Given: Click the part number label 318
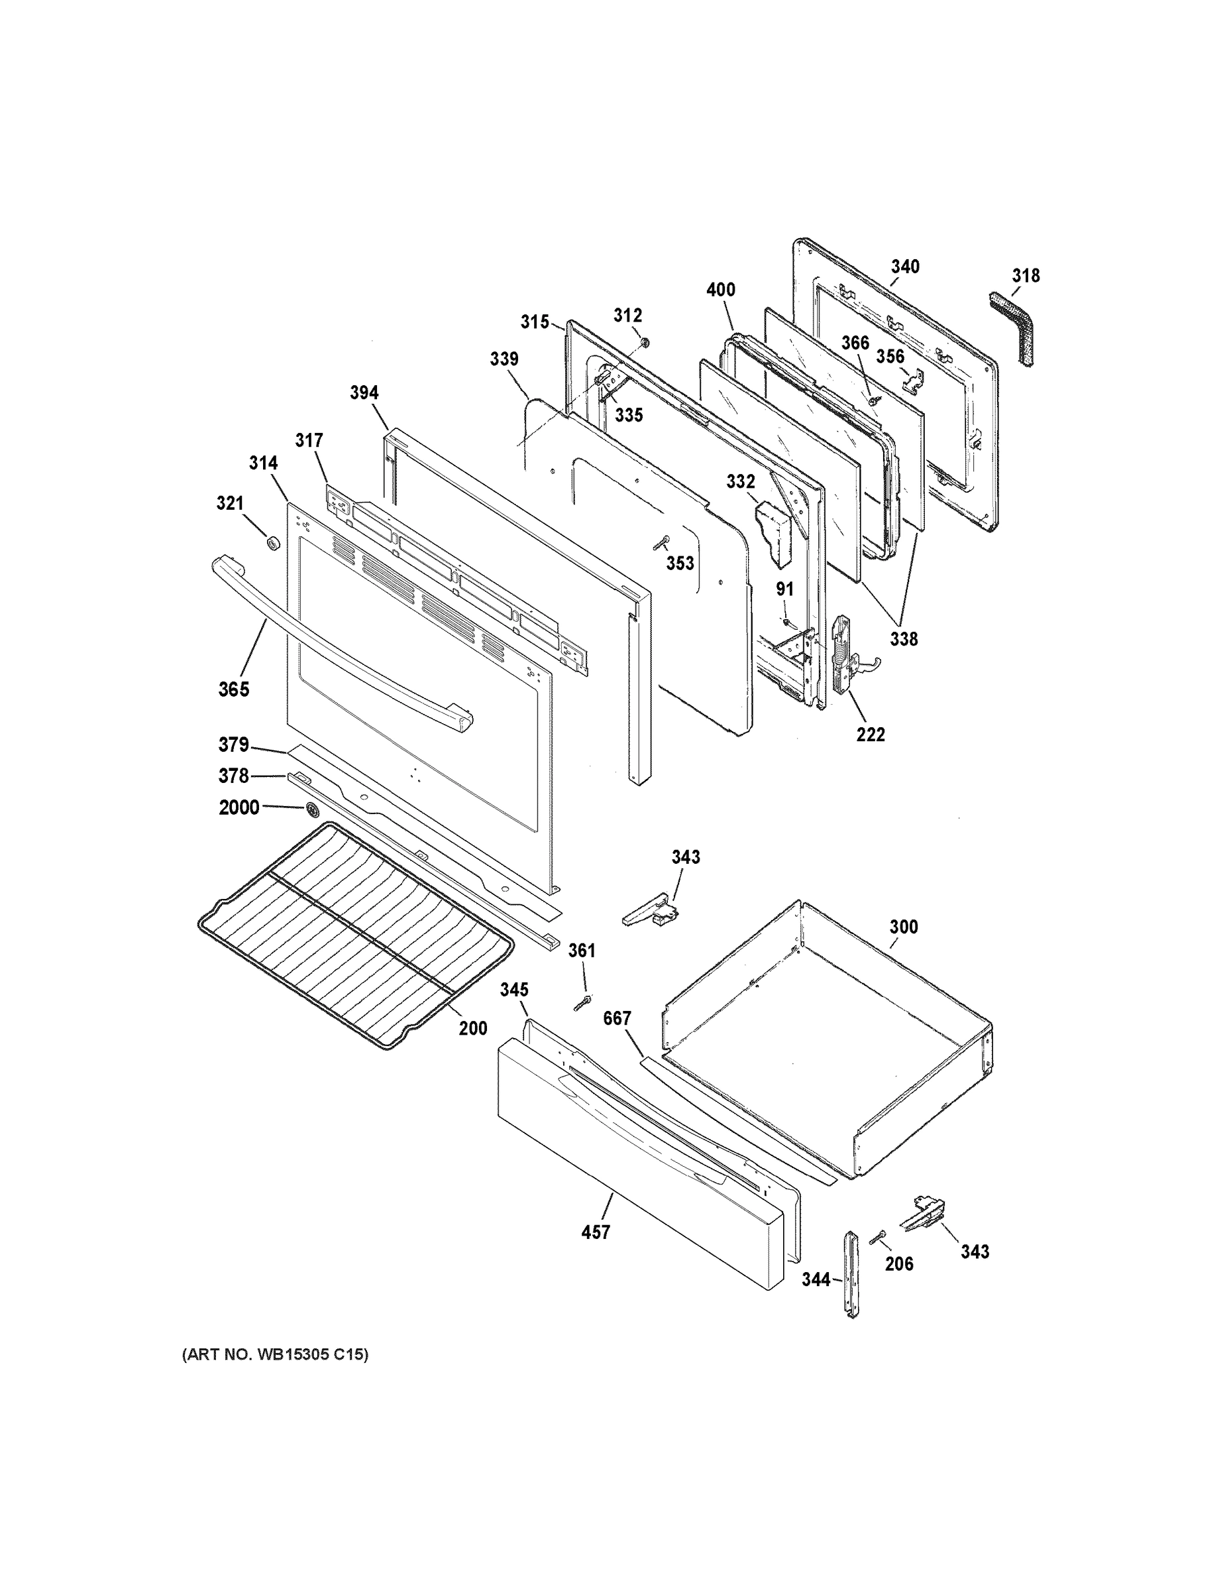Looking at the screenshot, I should (1025, 276).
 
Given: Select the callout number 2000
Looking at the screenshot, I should (239, 807).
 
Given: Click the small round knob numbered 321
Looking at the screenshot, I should (273, 543).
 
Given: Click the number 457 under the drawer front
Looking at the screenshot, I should (596, 1232).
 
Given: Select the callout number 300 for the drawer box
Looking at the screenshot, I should (903, 927).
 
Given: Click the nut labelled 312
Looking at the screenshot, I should (645, 342).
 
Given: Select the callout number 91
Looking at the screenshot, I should (784, 589).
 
